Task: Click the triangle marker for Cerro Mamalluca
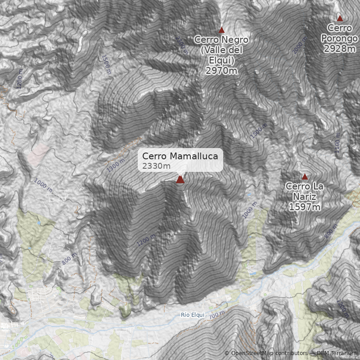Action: pyautogui.click(x=180, y=180)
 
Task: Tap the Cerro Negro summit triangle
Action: pyautogui.click(x=221, y=30)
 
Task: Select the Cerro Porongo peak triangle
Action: pyautogui.click(x=340, y=18)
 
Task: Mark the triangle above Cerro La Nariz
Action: pyautogui.click(x=305, y=177)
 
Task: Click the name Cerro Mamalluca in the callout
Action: pyautogui.click(x=180, y=156)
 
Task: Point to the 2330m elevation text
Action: pyautogui.click(x=156, y=166)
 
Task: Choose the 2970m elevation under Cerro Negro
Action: pyautogui.click(x=221, y=71)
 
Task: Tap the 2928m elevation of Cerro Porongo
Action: pyautogui.click(x=340, y=48)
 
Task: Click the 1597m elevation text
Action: pyautogui.click(x=305, y=207)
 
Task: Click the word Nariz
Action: pyautogui.click(x=305, y=197)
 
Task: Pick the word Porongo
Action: pyautogui.click(x=340, y=38)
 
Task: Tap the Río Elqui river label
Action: pyautogui.click(x=193, y=315)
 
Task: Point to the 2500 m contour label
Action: pyautogui.click(x=181, y=45)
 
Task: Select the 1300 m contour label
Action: pyautogui.click(x=115, y=165)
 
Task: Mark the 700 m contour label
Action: pyautogui.click(x=217, y=314)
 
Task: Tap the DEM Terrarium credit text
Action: pyautogui.click(x=337, y=353)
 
